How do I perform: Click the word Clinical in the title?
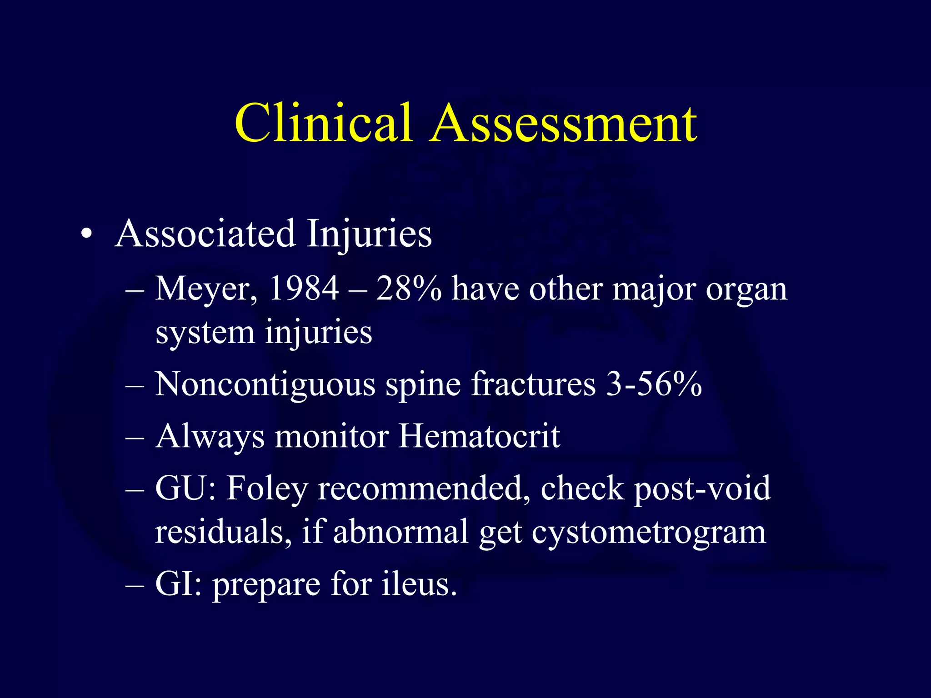(x=323, y=123)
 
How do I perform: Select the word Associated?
(x=205, y=234)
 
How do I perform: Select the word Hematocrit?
(x=479, y=437)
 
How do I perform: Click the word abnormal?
(x=400, y=532)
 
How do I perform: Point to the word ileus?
(x=419, y=584)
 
